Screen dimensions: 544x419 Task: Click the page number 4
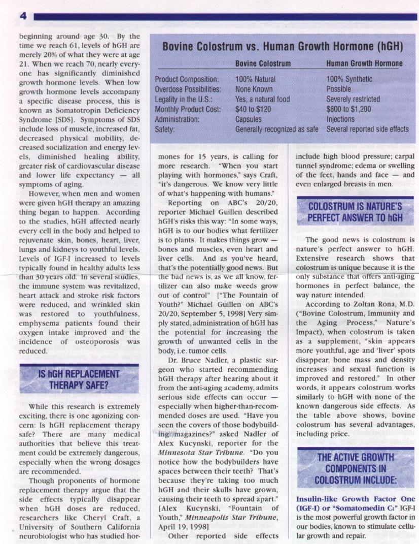pyautogui.click(x=23, y=16)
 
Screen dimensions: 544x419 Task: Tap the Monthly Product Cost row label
pyautogui.click(x=188, y=109)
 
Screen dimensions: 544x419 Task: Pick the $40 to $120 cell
pyautogui.click(x=253, y=109)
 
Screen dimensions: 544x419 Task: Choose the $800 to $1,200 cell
pyautogui.click(x=348, y=109)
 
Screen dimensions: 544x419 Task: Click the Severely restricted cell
pyautogui.click(x=353, y=99)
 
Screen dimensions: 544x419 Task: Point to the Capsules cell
pyautogui.click(x=249, y=119)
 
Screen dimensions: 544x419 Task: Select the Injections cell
pyautogui.click(x=340, y=119)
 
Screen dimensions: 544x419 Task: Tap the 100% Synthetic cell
pyautogui.click(x=349, y=79)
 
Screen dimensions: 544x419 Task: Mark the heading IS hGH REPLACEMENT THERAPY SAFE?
pyautogui.click(x=79, y=379)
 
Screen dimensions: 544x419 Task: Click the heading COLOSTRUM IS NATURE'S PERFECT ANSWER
pyautogui.click(x=355, y=212)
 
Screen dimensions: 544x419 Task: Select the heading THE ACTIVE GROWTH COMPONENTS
pyautogui.click(x=355, y=468)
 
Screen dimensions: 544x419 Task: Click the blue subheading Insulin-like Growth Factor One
pyautogui.click(x=355, y=499)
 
